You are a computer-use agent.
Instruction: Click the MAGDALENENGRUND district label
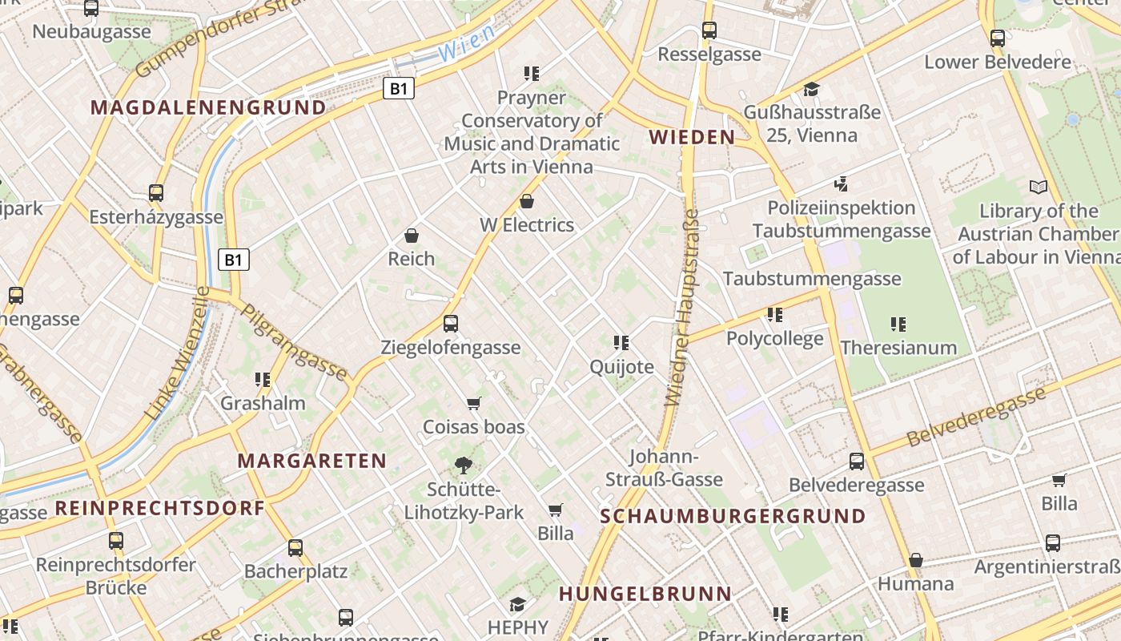pyautogui.click(x=208, y=107)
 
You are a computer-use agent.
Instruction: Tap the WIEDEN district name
pyautogui.click(x=692, y=137)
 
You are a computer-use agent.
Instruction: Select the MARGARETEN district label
pyautogui.click(x=312, y=461)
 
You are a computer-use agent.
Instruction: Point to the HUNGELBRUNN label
pyautogui.click(x=645, y=594)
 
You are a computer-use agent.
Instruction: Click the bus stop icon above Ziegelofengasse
pyautogui.click(x=451, y=324)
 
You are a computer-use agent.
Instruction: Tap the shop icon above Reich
pyautogui.click(x=412, y=236)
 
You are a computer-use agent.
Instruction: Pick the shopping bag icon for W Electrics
pyautogui.click(x=527, y=201)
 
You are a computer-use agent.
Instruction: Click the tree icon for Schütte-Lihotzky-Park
pyautogui.click(x=463, y=465)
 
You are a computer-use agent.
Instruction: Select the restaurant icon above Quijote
pyautogui.click(x=621, y=343)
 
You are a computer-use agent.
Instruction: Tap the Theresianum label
pyautogui.click(x=898, y=348)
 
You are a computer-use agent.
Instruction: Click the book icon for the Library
pyautogui.click(x=1039, y=187)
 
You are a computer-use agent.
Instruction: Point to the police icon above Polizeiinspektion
pyautogui.click(x=841, y=184)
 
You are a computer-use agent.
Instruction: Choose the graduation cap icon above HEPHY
pyautogui.click(x=518, y=604)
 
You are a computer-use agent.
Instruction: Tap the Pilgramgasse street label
pyautogui.click(x=294, y=341)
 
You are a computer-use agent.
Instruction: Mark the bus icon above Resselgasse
pyautogui.click(x=709, y=30)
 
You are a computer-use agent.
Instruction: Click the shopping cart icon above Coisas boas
pyautogui.click(x=474, y=403)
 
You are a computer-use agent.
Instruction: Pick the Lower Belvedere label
pyautogui.click(x=997, y=62)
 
